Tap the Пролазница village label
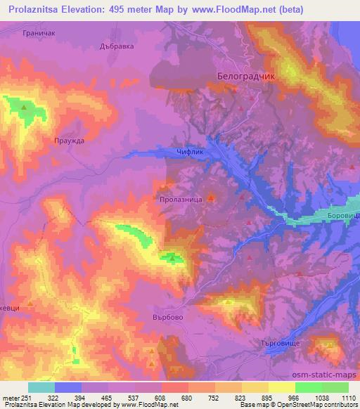click(181, 200)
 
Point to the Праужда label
click(69, 141)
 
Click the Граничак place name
click(39, 33)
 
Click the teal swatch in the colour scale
click(41, 387)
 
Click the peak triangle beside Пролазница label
click(210, 207)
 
